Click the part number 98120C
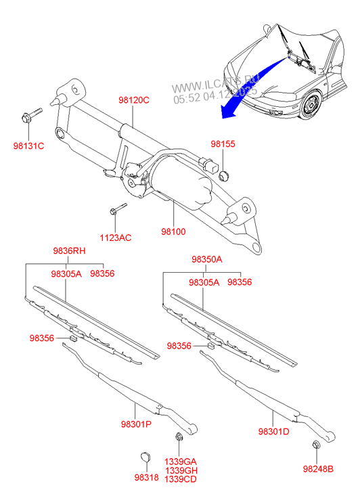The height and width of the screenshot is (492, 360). [133, 100]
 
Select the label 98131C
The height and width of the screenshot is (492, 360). [28, 146]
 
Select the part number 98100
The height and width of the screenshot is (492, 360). [173, 231]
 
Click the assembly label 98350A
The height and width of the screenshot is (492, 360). [206, 259]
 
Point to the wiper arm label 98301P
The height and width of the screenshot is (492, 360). [136, 424]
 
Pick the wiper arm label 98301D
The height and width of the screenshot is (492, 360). [273, 431]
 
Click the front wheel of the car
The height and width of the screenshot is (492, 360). [313, 106]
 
